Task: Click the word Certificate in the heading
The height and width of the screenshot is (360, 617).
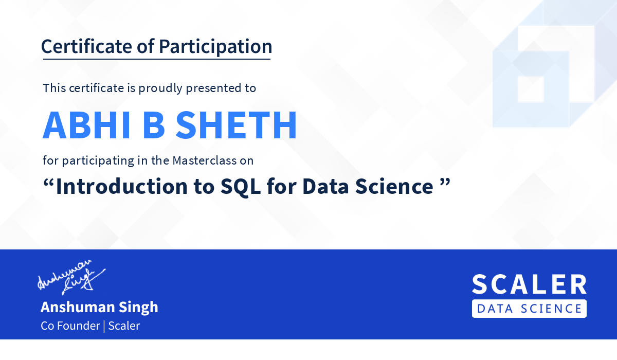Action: click(x=86, y=46)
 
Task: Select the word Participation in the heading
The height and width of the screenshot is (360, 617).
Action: click(x=215, y=47)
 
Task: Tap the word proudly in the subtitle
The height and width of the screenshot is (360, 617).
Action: click(x=160, y=88)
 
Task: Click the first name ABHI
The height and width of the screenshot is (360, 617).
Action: click(x=86, y=125)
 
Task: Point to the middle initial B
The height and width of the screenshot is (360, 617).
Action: click(x=154, y=125)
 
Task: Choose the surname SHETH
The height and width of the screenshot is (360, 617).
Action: click(x=236, y=125)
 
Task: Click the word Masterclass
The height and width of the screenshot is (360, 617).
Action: click(x=205, y=160)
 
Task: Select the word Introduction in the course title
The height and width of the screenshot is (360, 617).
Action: click(x=122, y=186)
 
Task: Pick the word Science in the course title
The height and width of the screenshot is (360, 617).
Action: click(x=394, y=187)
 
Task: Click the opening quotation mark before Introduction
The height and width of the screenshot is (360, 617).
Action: click(x=48, y=183)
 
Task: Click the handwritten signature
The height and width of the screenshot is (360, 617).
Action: click(x=71, y=277)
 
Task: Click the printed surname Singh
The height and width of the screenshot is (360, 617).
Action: click(x=138, y=308)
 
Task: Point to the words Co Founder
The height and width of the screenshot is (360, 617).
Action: click(x=70, y=326)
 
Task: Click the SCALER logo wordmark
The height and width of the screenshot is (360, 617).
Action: click(x=529, y=284)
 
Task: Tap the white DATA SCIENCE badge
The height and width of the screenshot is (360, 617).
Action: click(x=529, y=309)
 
